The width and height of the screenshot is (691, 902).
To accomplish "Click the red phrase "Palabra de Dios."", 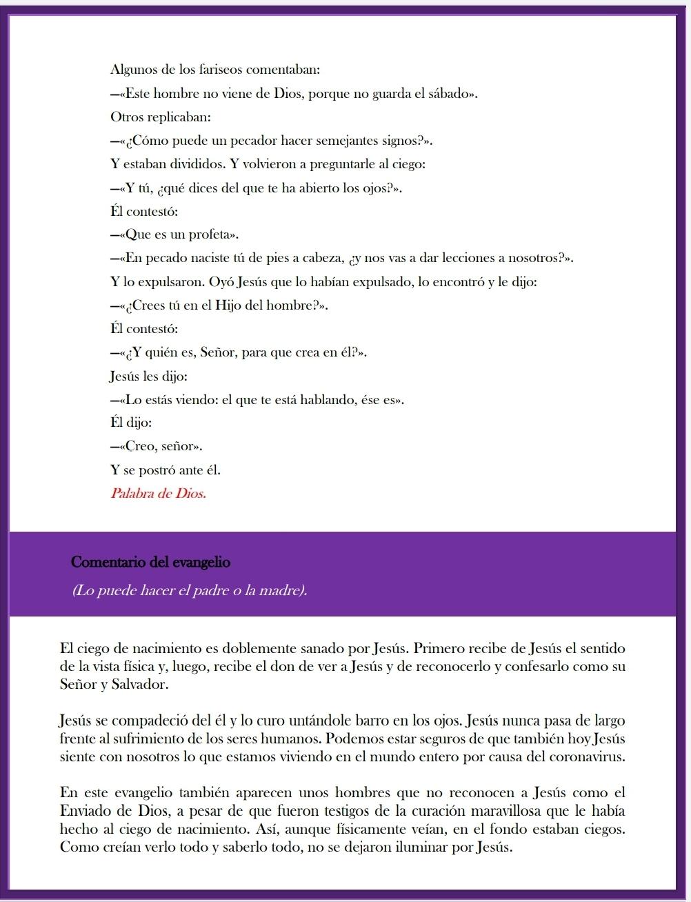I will [158, 494].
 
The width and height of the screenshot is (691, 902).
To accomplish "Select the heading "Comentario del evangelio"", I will [150, 562].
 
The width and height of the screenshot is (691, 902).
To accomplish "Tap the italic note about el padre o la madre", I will [189, 591].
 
